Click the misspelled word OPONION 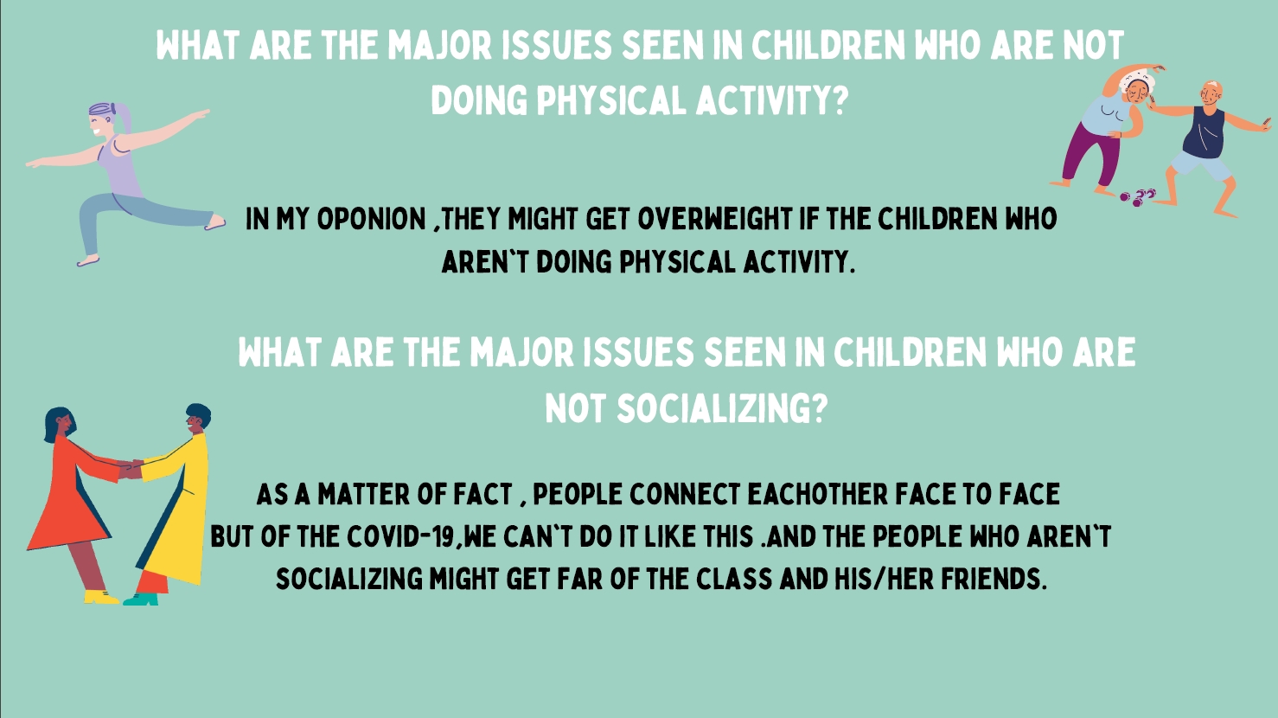click(x=371, y=219)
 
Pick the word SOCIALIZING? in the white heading click(x=722, y=408)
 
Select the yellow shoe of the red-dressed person click(x=101, y=597)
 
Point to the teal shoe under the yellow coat click(x=141, y=599)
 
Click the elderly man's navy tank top click(x=1204, y=133)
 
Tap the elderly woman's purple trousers click(x=1091, y=154)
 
